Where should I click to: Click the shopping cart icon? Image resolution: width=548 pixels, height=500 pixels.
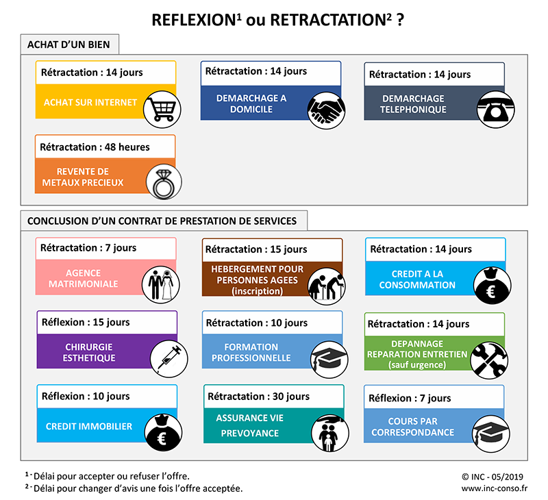pyautogui.click(x=162, y=110)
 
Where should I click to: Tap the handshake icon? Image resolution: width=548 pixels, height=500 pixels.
pyautogui.click(x=326, y=110)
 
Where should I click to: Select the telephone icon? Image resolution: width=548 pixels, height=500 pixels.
pyautogui.click(x=495, y=110)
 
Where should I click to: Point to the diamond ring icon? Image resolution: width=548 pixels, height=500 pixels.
pyautogui.click(x=164, y=182)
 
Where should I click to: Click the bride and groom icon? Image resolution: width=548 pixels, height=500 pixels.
pyautogui.click(x=161, y=284)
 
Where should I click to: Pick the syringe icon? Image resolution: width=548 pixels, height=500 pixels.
pyautogui.click(x=169, y=358)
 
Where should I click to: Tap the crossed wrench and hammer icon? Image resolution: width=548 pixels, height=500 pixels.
pyautogui.click(x=489, y=360)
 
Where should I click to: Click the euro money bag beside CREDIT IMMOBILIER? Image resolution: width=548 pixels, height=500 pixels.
pyautogui.click(x=163, y=432)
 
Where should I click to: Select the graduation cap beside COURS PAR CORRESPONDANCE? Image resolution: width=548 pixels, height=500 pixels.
pyautogui.click(x=490, y=434)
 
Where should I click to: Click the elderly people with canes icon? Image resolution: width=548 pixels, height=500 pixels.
pyautogui.click(x=327, y=286)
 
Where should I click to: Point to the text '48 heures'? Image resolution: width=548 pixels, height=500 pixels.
pyautogui.click(x=127, y=147)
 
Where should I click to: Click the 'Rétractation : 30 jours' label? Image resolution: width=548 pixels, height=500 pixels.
pyautogui.click(x=259, y=397)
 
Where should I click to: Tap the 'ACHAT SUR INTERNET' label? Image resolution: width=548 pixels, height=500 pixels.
pyautogui.click(x=90, y=102)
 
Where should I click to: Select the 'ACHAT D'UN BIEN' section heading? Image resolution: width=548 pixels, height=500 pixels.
pyautogui.click(x=68, y=45)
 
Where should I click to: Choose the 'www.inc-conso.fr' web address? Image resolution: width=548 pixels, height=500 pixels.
pyautogui.click(x=494, y=488)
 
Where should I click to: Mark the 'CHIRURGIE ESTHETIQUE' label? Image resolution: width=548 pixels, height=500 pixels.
pyautogui.click(x=89, y=352)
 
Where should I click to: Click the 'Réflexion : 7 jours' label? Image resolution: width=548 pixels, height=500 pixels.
pyautogui.click(x=410, y=399)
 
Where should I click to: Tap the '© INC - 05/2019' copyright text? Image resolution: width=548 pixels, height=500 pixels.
pyautogui.click(x=493, y=477)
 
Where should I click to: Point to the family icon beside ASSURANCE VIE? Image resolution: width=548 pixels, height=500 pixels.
pyautogui.click(x=330, y=434)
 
